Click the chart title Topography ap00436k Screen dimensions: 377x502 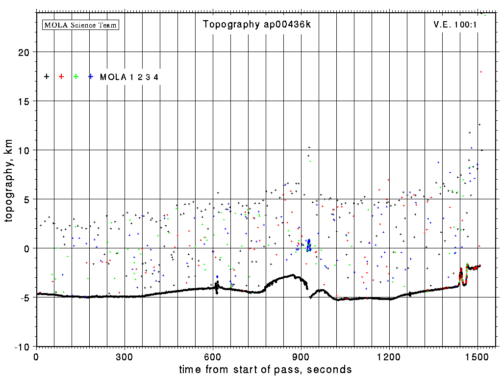(x=256, y=25)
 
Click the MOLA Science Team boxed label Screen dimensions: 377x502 (x=81, y=25)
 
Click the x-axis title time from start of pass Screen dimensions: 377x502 (x=265, y=369)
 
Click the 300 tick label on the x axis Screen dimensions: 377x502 (x=125, y=356)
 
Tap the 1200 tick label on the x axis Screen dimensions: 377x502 (x=389, y=356)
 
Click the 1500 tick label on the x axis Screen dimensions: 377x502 (x=477, y=356)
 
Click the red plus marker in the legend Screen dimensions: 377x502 (x=61, y=77)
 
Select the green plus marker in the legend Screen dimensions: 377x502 (x=76, y=77)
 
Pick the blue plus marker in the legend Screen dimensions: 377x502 (x=91, y=77)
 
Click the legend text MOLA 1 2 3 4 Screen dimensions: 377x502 (x=129, y=77)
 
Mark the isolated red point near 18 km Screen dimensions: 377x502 (x=481, y=72)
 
